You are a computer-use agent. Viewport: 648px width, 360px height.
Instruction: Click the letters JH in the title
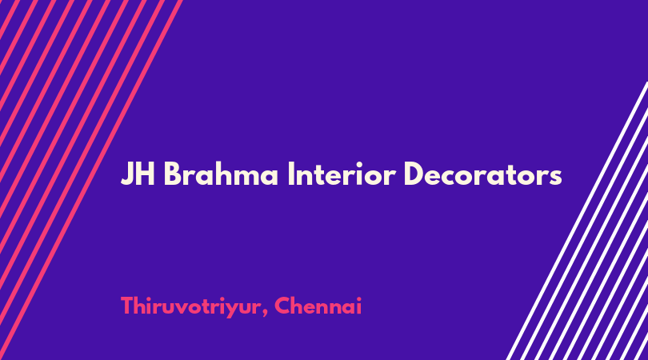[x=138, y=174]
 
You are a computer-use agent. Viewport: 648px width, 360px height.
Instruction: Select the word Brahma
[x=221, y=174]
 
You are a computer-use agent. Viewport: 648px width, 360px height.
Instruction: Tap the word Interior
[x=342, y=174]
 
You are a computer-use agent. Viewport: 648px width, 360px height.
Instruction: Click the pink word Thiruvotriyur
[x=191, y=307]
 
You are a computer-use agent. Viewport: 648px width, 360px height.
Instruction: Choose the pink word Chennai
[x=318, y=306]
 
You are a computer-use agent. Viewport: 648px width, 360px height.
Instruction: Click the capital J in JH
[x=127, y=174]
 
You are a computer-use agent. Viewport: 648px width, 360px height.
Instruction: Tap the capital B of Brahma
[x=173, y=174]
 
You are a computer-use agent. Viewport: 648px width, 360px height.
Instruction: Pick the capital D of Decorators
[x=414, y=174]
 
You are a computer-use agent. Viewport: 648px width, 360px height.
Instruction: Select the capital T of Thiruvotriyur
[x=128, y=306]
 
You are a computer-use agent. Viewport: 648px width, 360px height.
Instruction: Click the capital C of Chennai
[x=283, y=306]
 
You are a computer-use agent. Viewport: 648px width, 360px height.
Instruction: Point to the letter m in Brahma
[x=246, y=178]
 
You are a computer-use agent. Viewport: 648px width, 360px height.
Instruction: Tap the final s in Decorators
[x=556, y=178]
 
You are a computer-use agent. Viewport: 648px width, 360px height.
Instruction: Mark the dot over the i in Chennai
[x=358, y=298]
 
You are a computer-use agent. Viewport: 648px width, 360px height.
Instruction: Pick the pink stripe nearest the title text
[x=92, y=180]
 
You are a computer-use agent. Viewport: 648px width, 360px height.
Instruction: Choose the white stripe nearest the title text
[x=578, y=221]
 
